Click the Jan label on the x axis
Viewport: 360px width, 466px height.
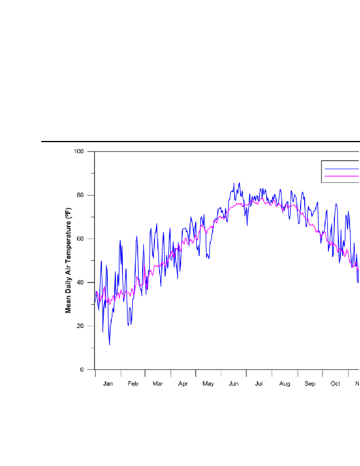click(x=108, y=384)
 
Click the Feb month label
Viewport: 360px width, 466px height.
click(x=133, y=384)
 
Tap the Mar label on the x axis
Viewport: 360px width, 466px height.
click(x=158, y=384)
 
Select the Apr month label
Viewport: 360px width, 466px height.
click(x=183, y=384)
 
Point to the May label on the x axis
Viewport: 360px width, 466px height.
click(x=209, y=384)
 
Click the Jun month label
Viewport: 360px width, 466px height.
click(x=234, y=384)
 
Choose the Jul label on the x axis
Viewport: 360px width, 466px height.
click(x=259, y=384)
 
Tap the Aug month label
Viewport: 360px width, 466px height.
click(x=284, y=384)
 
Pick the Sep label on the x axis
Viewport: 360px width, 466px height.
click(x=310, y=384)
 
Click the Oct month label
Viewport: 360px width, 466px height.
click(x=336, y=384)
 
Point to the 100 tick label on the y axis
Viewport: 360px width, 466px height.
click(x=79, y=151)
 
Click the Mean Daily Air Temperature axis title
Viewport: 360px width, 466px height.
click(x=68, y=260)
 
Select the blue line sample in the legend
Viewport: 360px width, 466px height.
click(x=341, y=168)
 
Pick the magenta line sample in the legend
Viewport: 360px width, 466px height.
click(x=341, y=175)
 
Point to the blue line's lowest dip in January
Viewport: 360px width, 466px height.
click(x=109, y=344)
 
